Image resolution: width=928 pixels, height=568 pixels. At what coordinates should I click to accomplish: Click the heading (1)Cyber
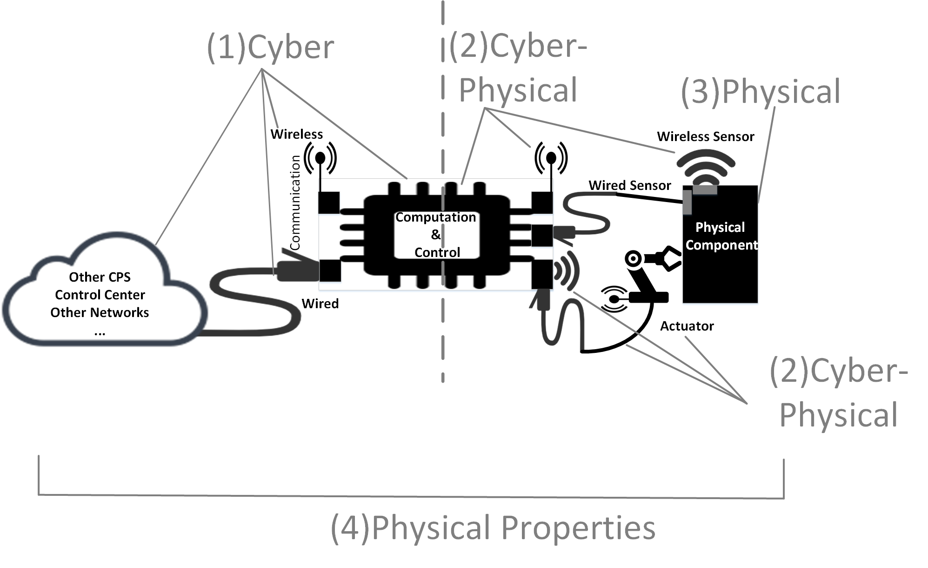click(x=270, y=47)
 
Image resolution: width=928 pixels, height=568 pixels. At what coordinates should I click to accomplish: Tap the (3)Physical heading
click(x=761, y=92)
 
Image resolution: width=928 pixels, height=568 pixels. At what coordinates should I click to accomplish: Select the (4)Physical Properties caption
click(x=493, y=528)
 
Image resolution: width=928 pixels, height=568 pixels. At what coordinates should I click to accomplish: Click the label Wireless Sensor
click(x=705, y=136)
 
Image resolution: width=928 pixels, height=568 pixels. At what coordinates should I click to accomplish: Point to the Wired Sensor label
click(x=629, y=185)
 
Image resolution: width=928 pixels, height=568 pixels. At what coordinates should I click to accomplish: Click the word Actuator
click(x=687, y=326)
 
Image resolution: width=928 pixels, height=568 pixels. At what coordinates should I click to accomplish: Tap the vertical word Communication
click(x=295, y=203)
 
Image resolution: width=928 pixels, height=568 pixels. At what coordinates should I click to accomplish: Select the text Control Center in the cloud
click(x=100, y=295)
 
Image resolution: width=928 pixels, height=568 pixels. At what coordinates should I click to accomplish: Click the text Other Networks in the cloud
click(x=100, y=312)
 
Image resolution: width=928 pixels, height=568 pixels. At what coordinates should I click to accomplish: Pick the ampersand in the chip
click(x=436, y=235)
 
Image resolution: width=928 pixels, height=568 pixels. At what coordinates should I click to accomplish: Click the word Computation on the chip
click(x=435, y=217)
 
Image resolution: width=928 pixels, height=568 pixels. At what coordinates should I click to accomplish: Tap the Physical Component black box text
click(x=720, y=236)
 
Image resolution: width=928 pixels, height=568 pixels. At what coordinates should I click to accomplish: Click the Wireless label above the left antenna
click(x=296, y=134)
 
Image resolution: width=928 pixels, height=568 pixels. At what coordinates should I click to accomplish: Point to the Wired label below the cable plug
click(x=320, y=304)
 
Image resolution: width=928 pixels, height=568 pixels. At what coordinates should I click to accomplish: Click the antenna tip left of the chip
click(x=320, y=158)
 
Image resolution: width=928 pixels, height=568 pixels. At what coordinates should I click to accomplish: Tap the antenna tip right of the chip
click(x=551, y=158)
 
